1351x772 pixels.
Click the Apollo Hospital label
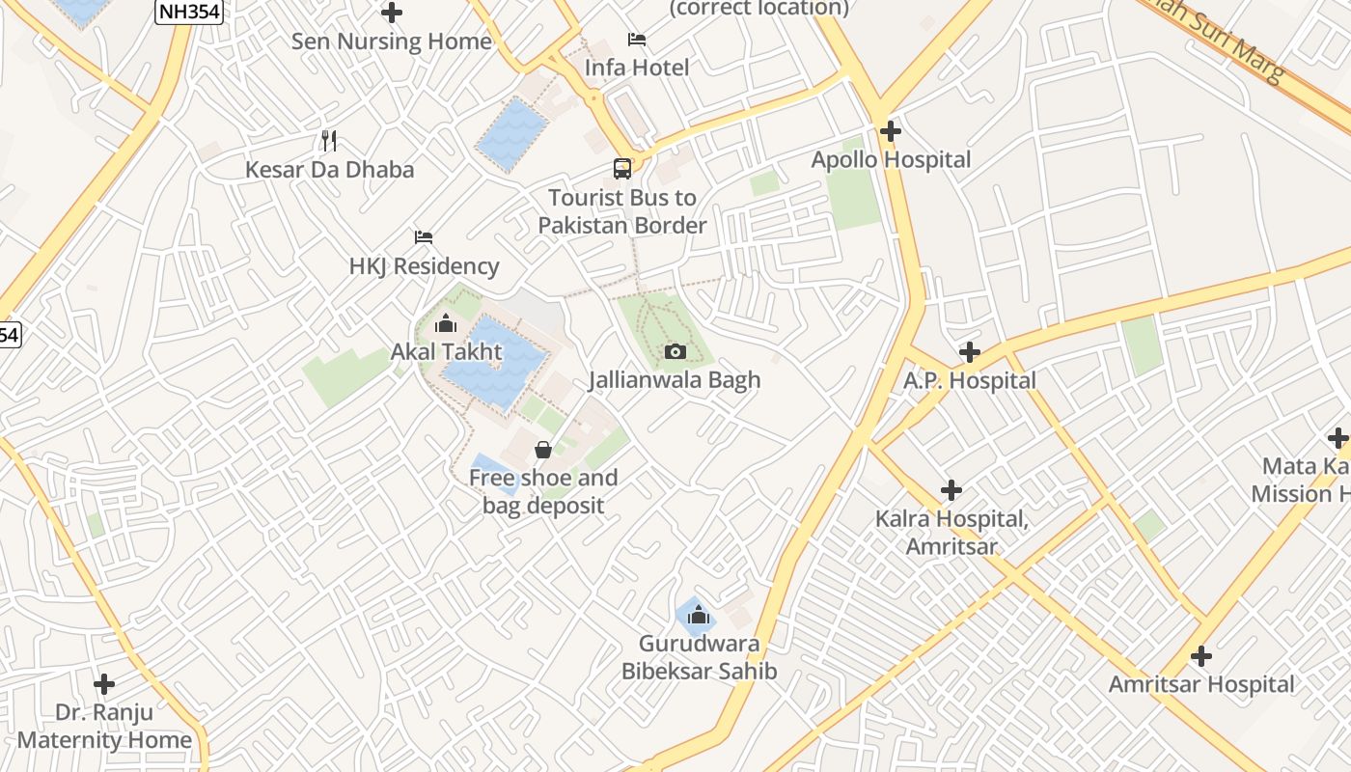[891, 159]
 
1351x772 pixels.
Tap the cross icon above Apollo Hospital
[891, 130]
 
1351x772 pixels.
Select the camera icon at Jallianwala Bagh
[675, 351]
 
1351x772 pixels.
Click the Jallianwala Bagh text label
[675, 379]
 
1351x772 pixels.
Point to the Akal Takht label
[446, 351]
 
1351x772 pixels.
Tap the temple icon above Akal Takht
[446, 323]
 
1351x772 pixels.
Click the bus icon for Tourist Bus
[622, 169]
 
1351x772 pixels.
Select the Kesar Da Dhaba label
[329, 170]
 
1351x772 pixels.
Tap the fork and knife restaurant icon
[329, 141]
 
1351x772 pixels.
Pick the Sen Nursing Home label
[392, 41]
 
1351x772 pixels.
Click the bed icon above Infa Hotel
[637, 40]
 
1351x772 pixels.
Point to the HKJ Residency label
[425, 265]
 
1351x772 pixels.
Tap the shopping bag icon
[543, 449]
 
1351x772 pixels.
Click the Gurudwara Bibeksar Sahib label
[700, 657]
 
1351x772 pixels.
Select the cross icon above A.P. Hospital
[970, 352]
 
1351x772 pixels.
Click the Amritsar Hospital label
[1201, 684]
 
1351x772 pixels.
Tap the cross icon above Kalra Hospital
[951, 490]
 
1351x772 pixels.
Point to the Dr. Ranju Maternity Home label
[104, 727]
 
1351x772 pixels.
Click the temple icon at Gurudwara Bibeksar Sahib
[699, 615]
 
